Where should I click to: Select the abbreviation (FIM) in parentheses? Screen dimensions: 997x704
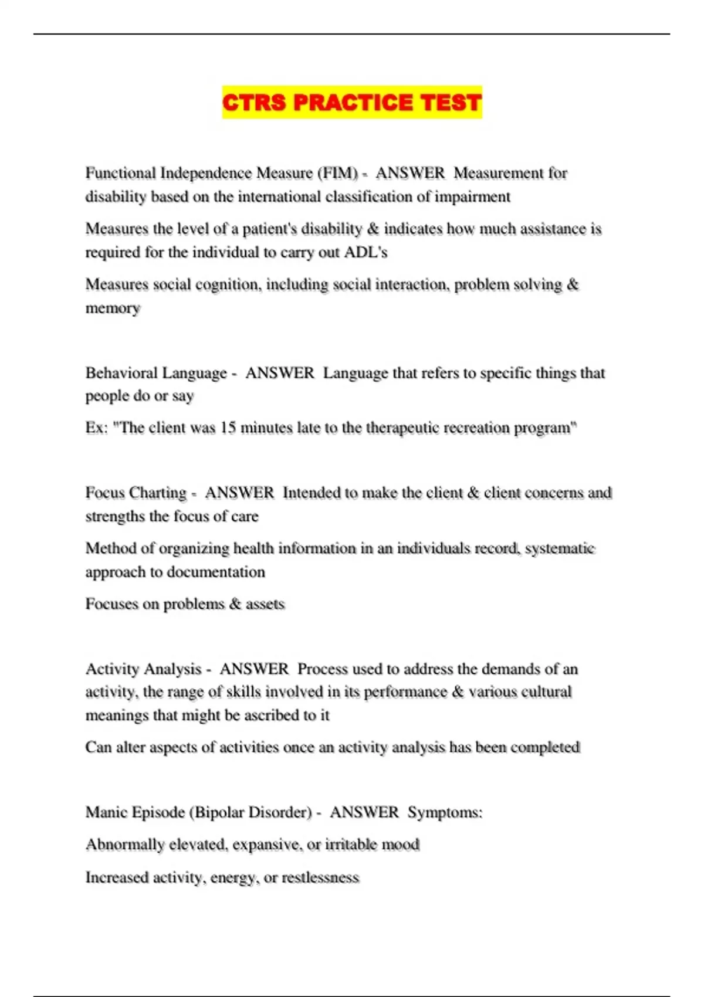[x=337, y=174]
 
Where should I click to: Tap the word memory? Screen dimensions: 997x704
[x=113, y=308]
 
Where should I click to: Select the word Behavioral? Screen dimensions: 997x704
[x=121, y=374]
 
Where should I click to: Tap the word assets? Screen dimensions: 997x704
[x=265, y=604]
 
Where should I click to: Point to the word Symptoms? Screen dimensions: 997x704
[x=445, y=812]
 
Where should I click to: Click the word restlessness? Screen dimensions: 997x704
[x=320, y=877]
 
